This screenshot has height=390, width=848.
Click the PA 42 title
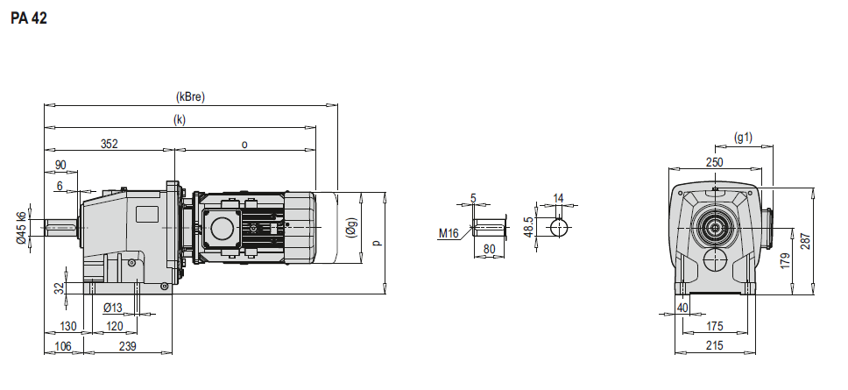pyautogui.click(x=29, y=18)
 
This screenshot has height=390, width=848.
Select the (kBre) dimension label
pyautogui.click(x=190, y=97)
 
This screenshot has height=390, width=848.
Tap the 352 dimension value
pyautogui.click(x=110, y=144)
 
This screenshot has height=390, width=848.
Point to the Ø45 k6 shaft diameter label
pyautogui.click(x=22, y=228)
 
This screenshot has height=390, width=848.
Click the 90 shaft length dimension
pyautogui.click(x=60, y=165)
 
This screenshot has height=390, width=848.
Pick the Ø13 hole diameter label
pyautogui.click(x=113, y=308)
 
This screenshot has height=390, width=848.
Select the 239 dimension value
pyautogui.click(x=127, y=346)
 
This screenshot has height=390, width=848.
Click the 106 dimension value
pyautogui.click(x=63, y=346)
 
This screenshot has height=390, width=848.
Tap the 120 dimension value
pyautogui.click(x=114, y=326)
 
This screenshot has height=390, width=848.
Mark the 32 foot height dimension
pyautogui.click(x=60, y=287)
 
